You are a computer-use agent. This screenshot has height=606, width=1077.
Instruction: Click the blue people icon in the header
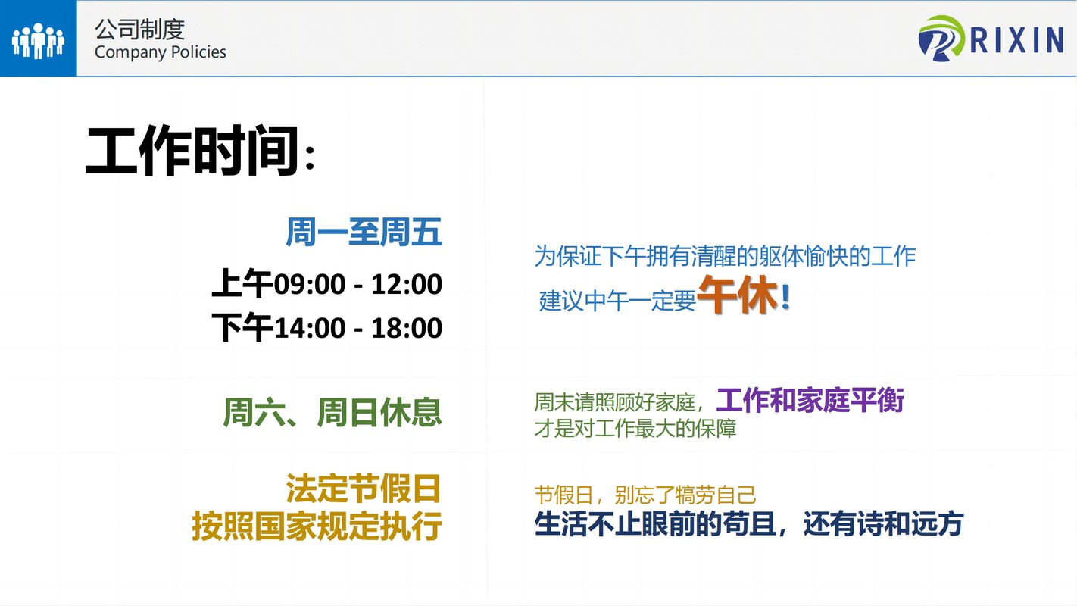pos(38,41)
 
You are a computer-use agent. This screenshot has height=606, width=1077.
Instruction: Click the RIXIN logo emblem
pos(941,39)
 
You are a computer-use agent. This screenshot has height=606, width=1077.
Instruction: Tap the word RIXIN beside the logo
pos(1017,40)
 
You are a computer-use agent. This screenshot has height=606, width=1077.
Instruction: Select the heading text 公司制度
pos(139,30)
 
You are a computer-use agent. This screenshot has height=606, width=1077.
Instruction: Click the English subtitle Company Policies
pos(160,52)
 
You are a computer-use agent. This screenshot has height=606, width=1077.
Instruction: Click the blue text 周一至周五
pos(364,233)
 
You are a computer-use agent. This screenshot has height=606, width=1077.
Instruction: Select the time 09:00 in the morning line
pos(310,284)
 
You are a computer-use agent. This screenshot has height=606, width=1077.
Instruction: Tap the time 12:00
pos(406,284)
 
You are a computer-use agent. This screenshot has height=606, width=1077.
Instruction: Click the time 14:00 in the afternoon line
pos(310,328)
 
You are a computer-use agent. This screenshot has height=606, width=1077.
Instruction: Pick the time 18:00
pos(406,328)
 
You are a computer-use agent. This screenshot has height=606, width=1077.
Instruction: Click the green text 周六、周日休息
pos(332,412)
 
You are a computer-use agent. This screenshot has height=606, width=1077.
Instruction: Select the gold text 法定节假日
pos(364,488)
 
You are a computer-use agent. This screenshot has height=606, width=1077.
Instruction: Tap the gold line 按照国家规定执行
pos(317,526)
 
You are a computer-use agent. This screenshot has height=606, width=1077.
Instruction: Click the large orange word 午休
pos(738,295)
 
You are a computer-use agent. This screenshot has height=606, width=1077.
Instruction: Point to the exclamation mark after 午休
pos(785,297)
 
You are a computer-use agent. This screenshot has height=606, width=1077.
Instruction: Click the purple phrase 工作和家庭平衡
pos(810,400)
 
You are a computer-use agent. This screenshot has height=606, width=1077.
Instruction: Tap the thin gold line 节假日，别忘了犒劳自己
pos(645,495)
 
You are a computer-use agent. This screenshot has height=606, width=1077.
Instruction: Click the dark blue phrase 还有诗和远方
pos(883,523)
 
